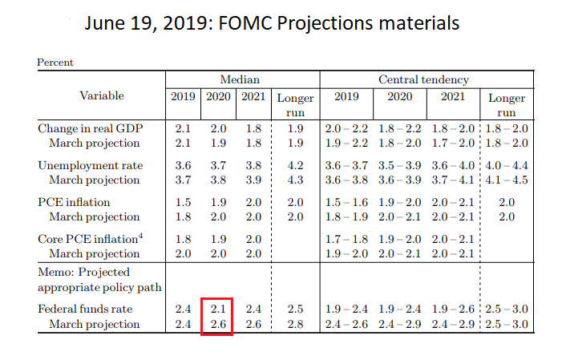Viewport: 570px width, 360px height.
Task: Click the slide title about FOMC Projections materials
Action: pos(273,23)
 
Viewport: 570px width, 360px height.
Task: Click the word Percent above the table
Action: pos(55,62)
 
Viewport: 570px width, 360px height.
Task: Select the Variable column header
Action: pos(102,95)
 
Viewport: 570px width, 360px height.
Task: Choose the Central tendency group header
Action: pos(423,79)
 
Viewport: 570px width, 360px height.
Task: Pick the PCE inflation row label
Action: pos(75,202)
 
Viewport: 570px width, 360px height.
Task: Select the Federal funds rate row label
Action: pos(85,309)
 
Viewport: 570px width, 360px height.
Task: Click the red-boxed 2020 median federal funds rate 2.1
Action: pos(216,309)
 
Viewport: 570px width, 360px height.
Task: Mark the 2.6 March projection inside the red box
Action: pos(216,324)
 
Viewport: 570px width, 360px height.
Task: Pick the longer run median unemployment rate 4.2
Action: pos(295,165)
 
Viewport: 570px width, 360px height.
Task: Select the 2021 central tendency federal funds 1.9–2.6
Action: pos(452,309)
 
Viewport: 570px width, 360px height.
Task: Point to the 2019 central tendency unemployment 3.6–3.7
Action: pos(346,165)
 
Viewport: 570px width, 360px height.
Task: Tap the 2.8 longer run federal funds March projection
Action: pos(295,324)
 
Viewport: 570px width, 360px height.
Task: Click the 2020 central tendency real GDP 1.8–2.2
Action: pos(399,128)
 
